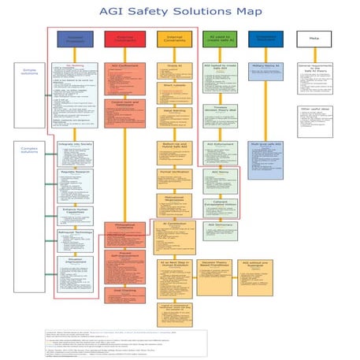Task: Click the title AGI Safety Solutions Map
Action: coord(180,12)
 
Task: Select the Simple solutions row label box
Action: coord(28,72)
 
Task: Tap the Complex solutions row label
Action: coord(28,148)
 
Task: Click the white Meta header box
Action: coord(313,39)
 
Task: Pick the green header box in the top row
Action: coord(218,39)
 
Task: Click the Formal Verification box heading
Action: coord(173,170)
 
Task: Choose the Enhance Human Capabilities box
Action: coord(76,211)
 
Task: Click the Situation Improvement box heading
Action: coord(76,259)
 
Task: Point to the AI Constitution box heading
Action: coord(173,224)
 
